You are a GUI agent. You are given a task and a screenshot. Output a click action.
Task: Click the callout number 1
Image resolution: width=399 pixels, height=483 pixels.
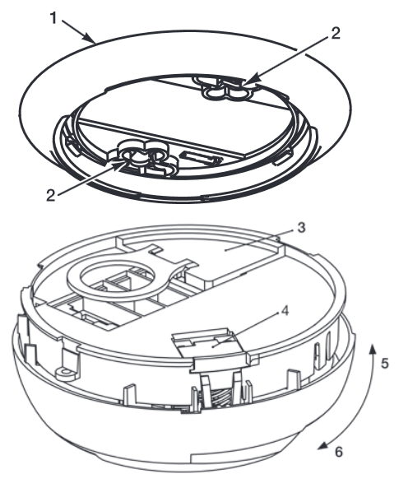[x=53, y=18]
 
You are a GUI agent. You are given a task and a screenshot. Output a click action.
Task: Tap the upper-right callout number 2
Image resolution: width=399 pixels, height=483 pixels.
[x=336, y=33]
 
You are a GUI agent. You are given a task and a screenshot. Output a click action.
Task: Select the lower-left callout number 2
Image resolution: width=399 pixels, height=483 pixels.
[x=51, y=195]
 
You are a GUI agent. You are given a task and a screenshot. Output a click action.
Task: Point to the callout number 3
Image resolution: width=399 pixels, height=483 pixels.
[x=301, y=228]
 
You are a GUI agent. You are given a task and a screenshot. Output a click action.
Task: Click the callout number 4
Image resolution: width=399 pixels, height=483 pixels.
[x=285, y=311]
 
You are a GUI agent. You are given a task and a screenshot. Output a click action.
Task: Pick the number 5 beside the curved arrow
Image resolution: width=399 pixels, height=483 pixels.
[x=385, y=364]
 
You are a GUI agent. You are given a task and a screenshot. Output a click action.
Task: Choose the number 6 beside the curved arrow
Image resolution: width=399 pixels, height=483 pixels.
[x=338, y=452]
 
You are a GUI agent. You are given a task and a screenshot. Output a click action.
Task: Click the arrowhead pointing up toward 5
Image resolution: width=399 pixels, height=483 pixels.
[x=373, y=350]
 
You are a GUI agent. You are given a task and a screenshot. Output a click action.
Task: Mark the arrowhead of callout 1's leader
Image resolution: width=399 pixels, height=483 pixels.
[x=89, y=38]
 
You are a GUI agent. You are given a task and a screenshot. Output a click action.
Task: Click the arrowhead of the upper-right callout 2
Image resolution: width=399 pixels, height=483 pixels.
[x=253, y=79]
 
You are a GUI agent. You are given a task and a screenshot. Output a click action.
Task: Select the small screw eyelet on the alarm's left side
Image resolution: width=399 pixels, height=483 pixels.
[x=66, y=374]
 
